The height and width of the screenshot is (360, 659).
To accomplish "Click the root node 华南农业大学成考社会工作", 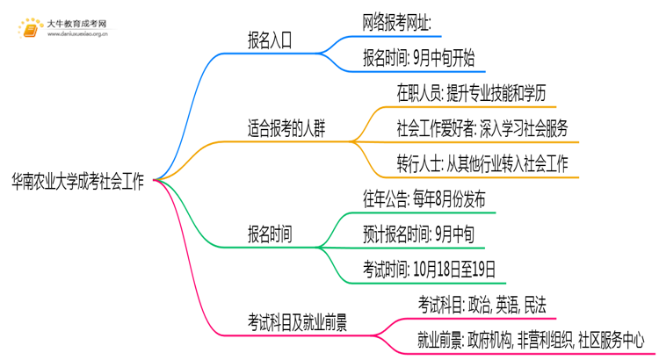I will click(78, 180).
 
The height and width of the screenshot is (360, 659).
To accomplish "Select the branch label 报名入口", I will click(271, 40).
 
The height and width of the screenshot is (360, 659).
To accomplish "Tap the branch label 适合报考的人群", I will click(286, 129).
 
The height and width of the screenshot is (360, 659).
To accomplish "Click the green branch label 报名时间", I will click(271, 234).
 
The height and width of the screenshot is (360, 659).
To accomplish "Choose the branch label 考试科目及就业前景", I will click(297, 322).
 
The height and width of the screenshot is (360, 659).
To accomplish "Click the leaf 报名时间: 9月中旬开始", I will click(418, 59).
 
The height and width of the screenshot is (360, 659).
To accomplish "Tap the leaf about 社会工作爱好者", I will click(482, 129).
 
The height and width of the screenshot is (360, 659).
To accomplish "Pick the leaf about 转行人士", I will click(482, 163).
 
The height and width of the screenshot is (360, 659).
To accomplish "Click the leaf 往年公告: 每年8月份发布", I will click(424, 198).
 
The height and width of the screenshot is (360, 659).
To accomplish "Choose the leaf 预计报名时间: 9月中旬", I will click(418, 234).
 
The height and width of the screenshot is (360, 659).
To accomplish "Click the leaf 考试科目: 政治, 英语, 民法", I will click(481, 305).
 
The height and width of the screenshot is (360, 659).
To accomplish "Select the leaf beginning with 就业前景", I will click(530, 339).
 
